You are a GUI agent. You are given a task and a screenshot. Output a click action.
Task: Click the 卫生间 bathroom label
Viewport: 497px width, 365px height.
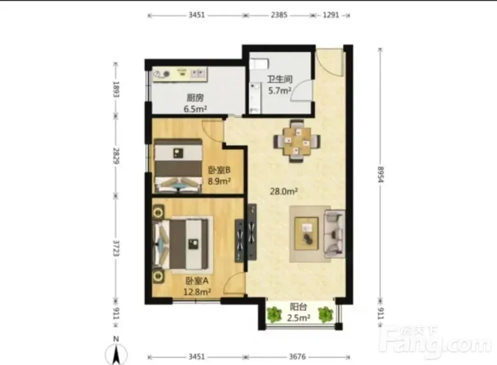pos(279,79)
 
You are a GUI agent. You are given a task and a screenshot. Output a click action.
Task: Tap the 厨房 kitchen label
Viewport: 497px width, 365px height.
pos(195,98)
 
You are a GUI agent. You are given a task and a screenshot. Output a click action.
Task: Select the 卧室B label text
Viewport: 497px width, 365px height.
pos(219,170)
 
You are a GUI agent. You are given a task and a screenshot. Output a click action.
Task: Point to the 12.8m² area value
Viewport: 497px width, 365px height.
pos(197,292)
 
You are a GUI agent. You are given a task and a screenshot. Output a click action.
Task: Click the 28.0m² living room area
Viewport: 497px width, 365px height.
pos(284,192)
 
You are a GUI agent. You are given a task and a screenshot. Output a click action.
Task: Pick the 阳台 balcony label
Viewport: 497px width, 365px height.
pos(298,307)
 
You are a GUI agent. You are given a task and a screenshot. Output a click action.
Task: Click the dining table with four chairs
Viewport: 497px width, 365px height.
pos(297,141)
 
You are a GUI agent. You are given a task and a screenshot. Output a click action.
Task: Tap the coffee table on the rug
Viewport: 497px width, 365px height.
pos(306,233)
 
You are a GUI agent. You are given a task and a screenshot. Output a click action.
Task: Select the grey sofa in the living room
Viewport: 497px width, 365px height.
pos(334,234)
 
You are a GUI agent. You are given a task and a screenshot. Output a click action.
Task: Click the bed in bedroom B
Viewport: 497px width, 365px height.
pos(178,165)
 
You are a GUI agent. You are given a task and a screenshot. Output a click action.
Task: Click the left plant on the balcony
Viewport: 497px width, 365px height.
pos(274,314)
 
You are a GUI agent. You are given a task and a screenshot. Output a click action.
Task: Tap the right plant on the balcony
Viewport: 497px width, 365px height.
pos(325,314)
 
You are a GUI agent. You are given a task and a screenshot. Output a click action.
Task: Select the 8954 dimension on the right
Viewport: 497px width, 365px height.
pos(380,174)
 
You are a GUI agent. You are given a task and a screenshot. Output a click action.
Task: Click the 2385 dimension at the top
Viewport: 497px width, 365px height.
pos(279,15)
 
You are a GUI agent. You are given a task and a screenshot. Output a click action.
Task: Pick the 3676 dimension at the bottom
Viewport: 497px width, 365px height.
pos(298,357)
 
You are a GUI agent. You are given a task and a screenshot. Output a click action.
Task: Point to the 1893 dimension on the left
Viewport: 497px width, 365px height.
pos(116,90)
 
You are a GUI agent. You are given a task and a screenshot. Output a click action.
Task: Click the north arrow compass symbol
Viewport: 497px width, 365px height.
pos(116,352)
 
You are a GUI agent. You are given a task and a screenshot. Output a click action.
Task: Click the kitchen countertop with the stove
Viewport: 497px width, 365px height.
pos(180,74)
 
